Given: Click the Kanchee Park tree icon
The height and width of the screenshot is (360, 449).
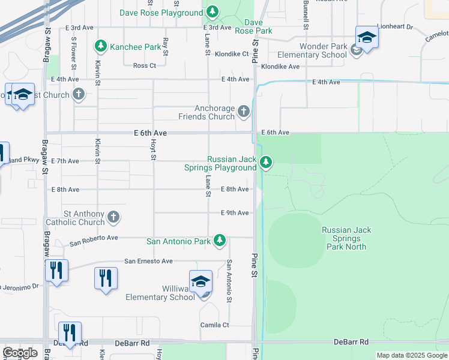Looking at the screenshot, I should pyautogui.click(x=101, y=46).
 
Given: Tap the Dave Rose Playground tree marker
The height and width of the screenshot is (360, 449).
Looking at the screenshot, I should pyautogui.click(x=212, y=12).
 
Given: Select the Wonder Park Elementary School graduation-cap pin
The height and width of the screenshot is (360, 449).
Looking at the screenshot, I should pyautogui.click(x=366, y=37).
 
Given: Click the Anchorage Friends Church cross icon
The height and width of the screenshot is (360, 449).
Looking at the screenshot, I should pyautogui.click(x=243, y=111).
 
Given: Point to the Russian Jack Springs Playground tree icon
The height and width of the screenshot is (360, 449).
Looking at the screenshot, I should pyautogui.click(x=266, y=162).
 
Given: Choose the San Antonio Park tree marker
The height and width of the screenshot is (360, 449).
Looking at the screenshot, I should pyautogui.click(x=220, y=241).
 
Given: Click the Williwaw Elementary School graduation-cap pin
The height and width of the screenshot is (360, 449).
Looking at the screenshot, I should pyautogui.click(x=200, y=281).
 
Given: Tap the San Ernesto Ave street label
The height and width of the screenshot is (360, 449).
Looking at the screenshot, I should pyautogui.click(x=148, y=261).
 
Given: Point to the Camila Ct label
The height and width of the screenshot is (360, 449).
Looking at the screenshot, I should pyautogui.click(x=214, y=325).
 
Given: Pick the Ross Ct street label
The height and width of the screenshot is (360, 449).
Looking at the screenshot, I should pyautogui.click(x=144, y=65).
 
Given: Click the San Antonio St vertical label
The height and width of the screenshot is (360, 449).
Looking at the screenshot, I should pyautogui.click(x=229, y=281).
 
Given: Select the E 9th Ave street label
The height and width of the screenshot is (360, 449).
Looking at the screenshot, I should pyautogui.click(x=235, y=213).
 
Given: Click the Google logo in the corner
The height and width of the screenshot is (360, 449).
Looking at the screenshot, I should pyautogui.click(x=20, y=353).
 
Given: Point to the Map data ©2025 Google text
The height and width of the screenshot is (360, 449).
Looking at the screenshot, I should pyautogui.click(x=411, y=355).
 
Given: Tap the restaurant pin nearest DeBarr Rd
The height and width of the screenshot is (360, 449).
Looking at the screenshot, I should pyautogui.click(x=70, y=333).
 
